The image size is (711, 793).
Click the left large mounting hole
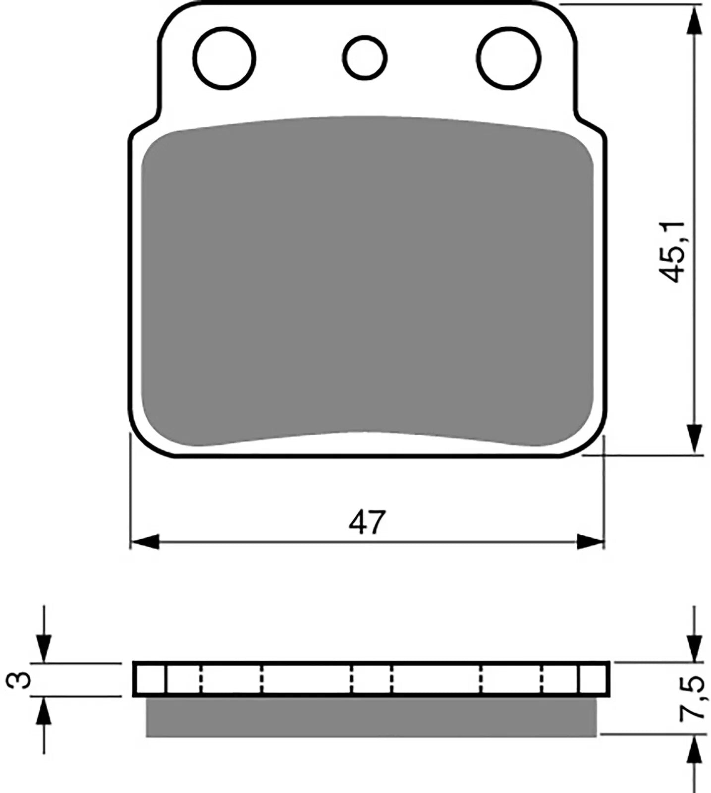225,58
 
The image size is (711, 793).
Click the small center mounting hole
365,57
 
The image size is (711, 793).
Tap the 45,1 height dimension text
674,252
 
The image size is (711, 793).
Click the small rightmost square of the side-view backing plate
593,680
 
